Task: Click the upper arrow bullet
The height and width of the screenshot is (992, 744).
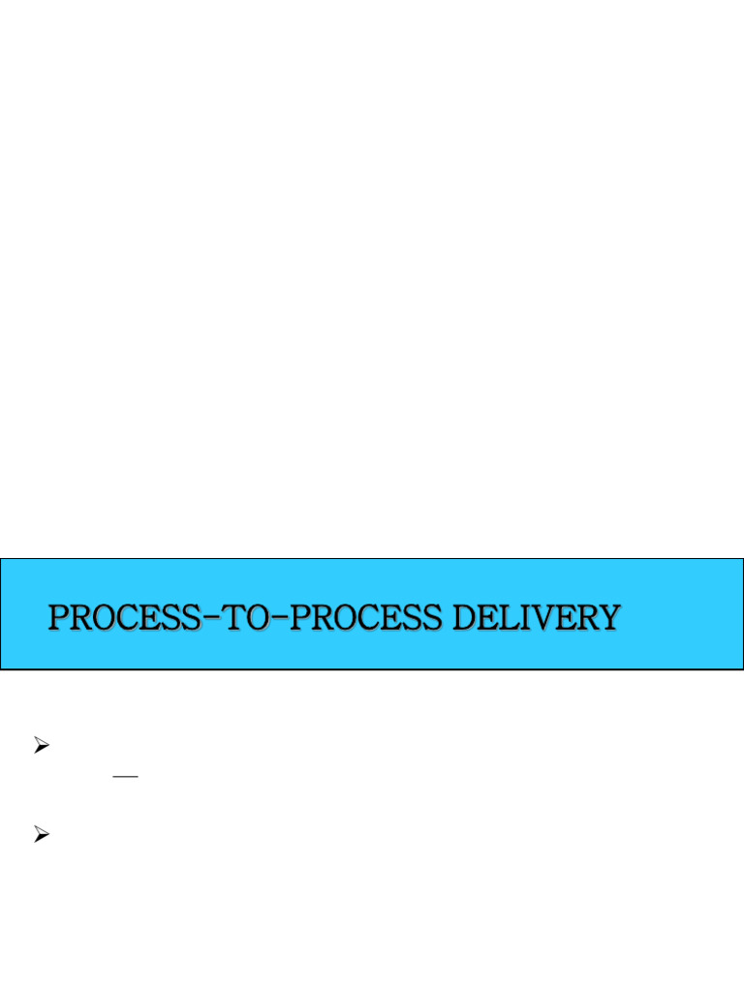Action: click(41, 745)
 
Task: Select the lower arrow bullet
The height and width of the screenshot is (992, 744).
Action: click(41, 834)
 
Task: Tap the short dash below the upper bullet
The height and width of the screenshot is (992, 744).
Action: click(126, 777)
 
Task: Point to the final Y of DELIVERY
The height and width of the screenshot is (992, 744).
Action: click(607, 617)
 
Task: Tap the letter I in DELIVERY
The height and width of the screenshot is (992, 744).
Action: click(528, 617)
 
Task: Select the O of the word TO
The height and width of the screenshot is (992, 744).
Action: click(263, 617)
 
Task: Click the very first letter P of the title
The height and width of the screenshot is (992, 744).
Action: click(59, 617)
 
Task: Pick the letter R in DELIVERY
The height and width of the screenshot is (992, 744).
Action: click(585, 617)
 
